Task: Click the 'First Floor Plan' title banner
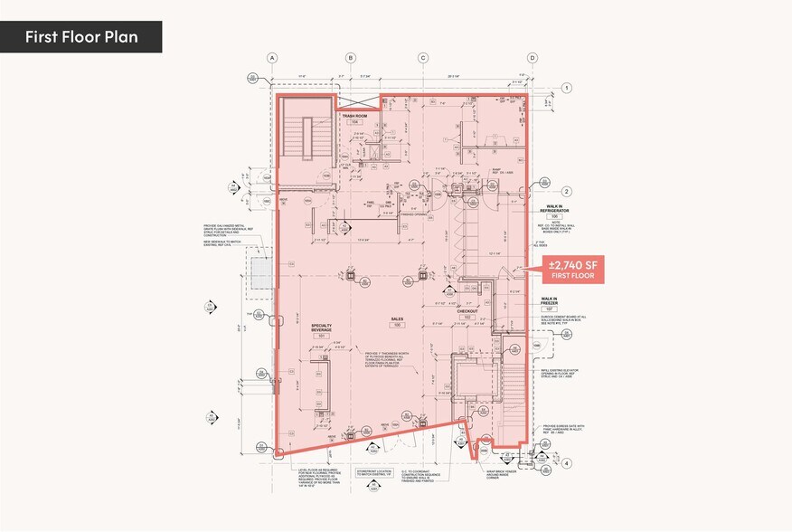(x=81, y=37)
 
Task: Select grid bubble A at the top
(x=270, y=58)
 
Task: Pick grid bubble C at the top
(x=422, y=58)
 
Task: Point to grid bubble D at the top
(x=533, y=58)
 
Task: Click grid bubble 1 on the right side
(x=567, y=88)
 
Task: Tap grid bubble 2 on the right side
(x=567, y=191)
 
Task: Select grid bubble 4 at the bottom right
(x=567, y=463)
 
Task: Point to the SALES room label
(x=396, y=318)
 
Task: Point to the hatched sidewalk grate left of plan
(x=260, y=272)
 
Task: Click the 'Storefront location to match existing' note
(x=370, y=475)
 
